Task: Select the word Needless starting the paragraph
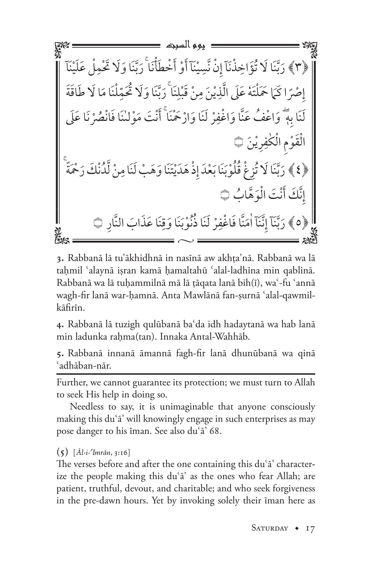pyautogui.click(x=86, y=407)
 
